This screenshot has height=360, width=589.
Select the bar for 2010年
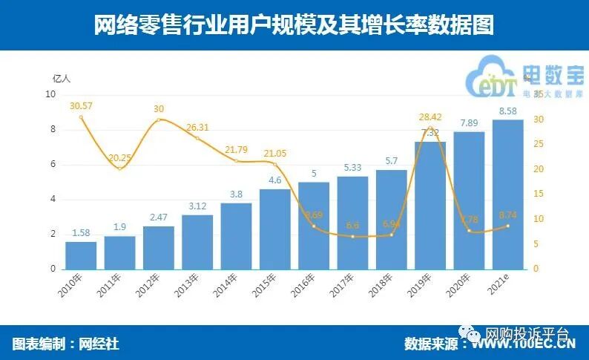tap(81, 255)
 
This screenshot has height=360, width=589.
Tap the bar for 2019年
tap(430, 205)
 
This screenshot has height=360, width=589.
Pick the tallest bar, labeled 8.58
tap(508, 194)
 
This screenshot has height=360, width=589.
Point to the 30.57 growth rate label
tap(80, 106)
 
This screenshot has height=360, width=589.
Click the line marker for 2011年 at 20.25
tap(120, 168)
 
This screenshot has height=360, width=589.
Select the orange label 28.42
tap(430, 117)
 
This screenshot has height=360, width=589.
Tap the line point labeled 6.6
tap(353, 237)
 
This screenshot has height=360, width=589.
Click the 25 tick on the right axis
tap(539, 144)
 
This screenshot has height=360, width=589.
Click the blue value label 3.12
tap(197, 206)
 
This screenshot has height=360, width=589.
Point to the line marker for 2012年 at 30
tap(158, 120)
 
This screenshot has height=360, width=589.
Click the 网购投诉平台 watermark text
tap(526, 333)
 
